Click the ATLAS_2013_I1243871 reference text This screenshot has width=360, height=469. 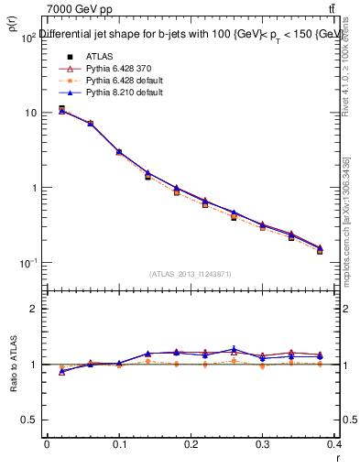(190, 274)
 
